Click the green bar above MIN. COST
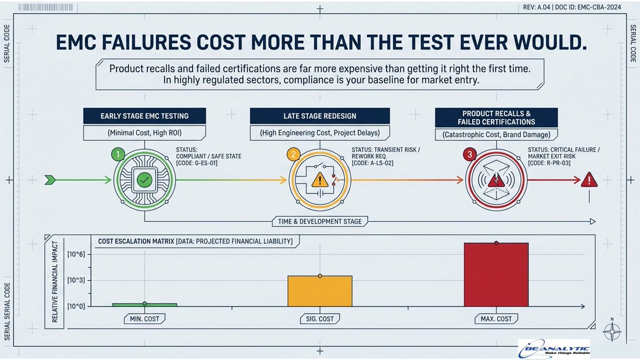[145, 305]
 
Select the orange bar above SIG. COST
[320, 291]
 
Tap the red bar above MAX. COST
[496, 275]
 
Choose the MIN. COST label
[145, 319]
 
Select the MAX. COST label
[496, 319]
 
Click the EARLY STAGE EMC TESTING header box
[145, 116]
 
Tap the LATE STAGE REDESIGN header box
[320, 116]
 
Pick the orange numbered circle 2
[292, 155]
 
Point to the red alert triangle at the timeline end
[589, 180]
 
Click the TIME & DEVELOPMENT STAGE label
[320, 221]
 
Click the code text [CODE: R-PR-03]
[549, 164]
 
